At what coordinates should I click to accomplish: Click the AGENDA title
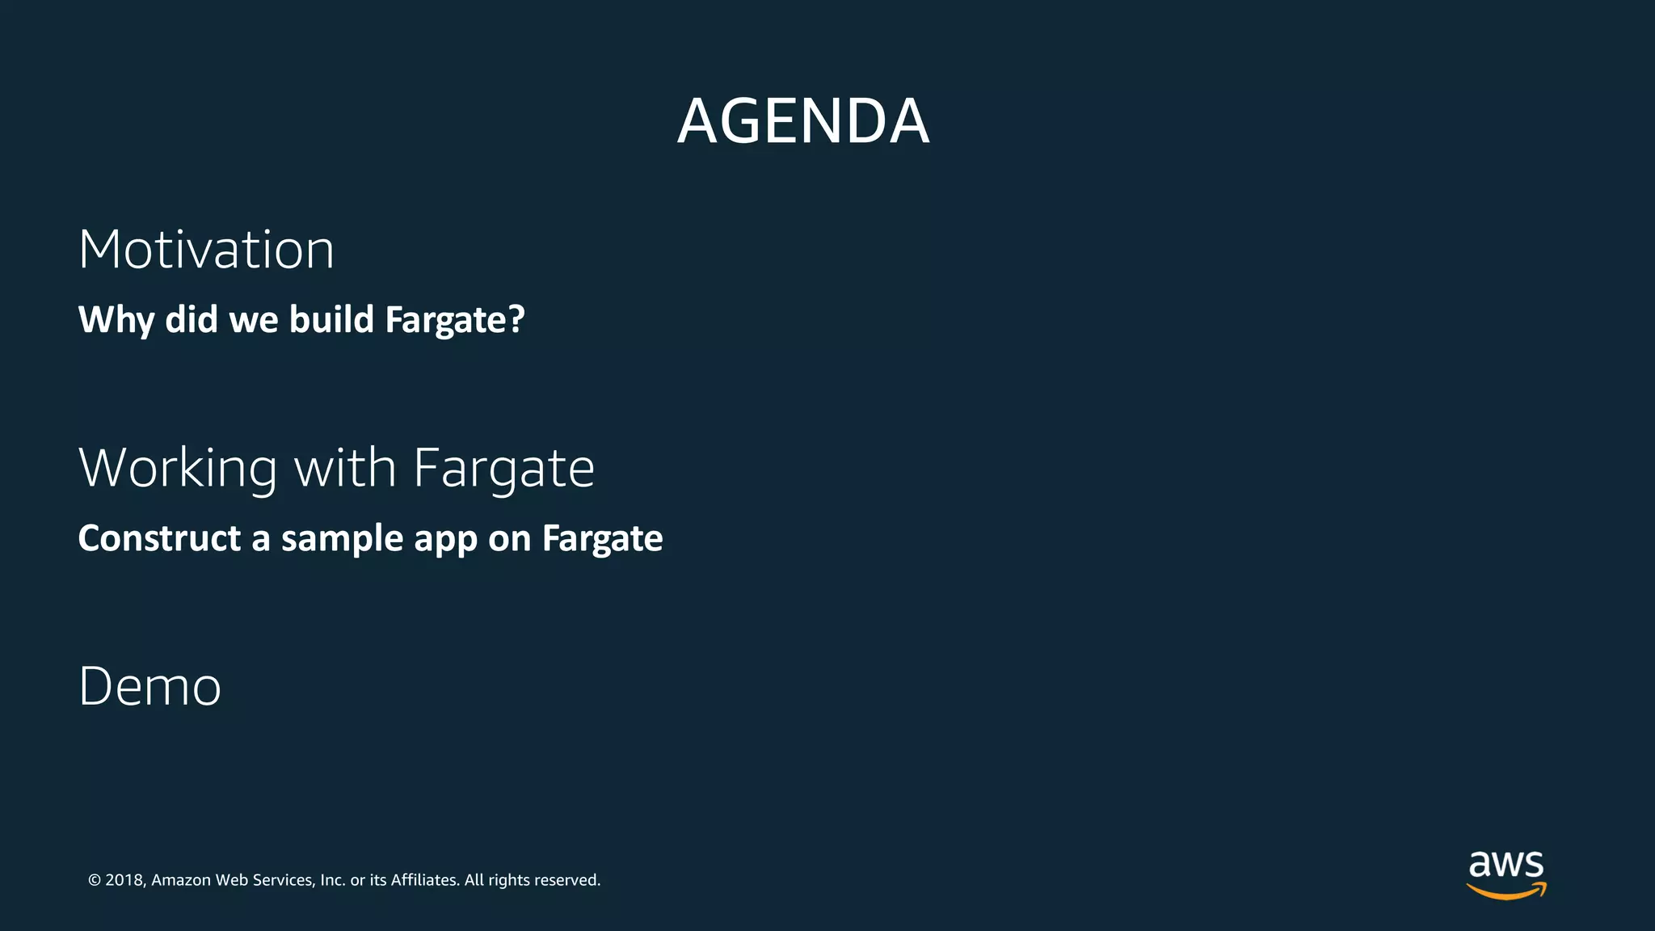point(802,121)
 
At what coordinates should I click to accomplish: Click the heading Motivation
point(206,249)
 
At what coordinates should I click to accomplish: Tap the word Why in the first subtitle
point(116,320)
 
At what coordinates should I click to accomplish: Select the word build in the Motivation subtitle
point(331,319)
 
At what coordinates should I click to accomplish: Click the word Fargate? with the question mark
point(455,320)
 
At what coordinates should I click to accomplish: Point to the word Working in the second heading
point(178,468)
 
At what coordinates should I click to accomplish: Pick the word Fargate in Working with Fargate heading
point(503,468)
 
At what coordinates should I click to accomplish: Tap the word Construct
point(159,538)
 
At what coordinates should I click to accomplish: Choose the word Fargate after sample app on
point(602,539)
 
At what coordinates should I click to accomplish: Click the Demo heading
point(149,687)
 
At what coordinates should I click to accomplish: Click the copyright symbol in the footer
point(95,880)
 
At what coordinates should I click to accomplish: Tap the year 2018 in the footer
point(124,880)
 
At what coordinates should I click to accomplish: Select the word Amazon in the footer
point(181,880)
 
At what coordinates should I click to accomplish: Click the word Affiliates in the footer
point(424,880)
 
